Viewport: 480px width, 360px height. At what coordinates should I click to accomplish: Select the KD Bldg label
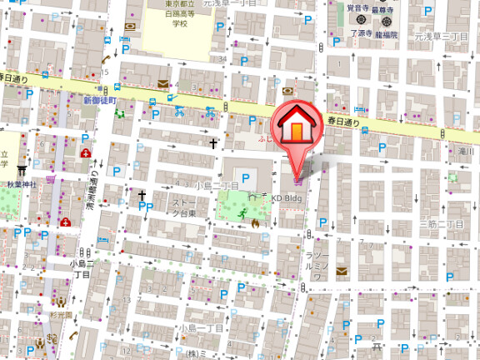[x=285, y=197]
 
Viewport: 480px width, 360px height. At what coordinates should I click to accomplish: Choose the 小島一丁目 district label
[x=201, y=327]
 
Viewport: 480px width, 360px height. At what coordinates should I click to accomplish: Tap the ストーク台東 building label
[x=184, y=207]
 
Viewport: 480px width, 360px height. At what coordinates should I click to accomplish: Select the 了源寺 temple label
[x=361, y=33]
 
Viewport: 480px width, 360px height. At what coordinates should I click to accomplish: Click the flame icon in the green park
[x=255, y=222]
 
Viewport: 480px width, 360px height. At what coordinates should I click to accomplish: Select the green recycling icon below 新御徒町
[x=118, y=112]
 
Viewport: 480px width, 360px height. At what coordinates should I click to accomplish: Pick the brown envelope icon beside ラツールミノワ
[x=339, y=271]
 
